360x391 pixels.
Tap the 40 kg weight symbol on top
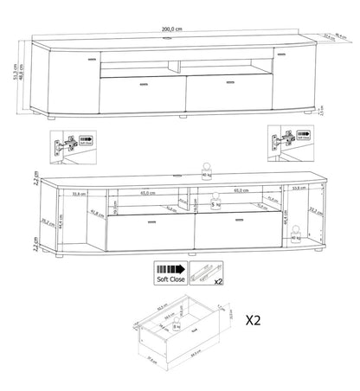(207, 170)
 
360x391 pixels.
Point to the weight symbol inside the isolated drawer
(177, 327)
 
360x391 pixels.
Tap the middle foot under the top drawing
(183, 114)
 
